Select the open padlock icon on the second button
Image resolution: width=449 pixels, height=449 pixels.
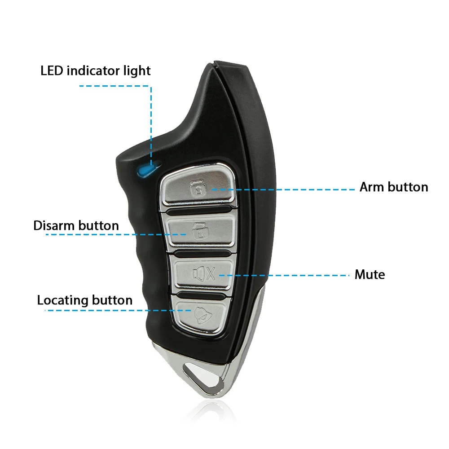pyautogui.click(x=200, y=231)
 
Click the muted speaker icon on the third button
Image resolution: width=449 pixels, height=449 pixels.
pyautogui.click(x=203, y=273)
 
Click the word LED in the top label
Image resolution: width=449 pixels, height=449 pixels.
pyautogui.click(x=52, y=71)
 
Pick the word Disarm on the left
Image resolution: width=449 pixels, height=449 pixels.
pyautogui.click(x=54, y=226)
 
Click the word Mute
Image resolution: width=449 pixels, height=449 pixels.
pyautogui.click(x=370, y=274)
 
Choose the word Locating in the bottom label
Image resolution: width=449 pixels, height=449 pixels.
pyautogui.click(x=63, y=300)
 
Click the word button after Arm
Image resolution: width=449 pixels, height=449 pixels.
pyautogui.click(x=408, y=187)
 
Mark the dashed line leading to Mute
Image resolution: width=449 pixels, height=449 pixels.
pyautogui.click(x=284, y=276)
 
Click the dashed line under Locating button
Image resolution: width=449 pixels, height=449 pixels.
pyautogui.click(x=118, y=310)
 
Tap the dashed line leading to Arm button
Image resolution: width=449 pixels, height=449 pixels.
pyautogui.click(x=283, y=189)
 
